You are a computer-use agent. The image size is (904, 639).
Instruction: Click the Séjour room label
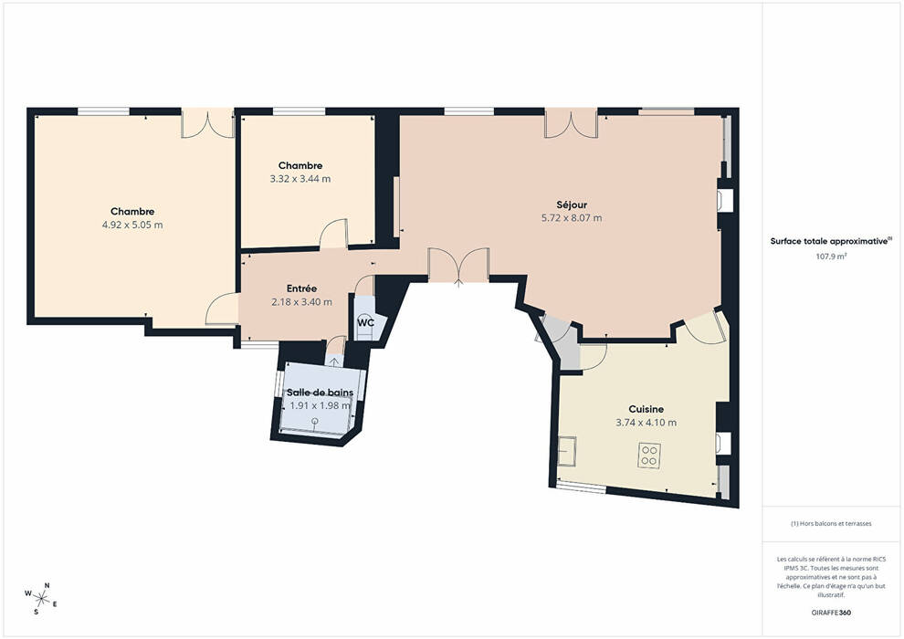(x=572, y=204)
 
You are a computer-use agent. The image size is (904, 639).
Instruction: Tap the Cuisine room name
(x=646, y=409)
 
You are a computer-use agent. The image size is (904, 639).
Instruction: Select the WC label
(x=365, y=322)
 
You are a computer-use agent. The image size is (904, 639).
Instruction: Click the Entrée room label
(x=301, y=288)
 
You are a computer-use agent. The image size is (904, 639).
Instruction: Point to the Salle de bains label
(x=320, y=393)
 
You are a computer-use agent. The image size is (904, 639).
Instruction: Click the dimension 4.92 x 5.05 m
(x=132, y=225)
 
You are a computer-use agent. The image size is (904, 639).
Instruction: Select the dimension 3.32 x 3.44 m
(x=300, y=179)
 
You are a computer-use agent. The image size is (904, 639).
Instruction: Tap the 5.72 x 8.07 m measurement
(x=572, y=218)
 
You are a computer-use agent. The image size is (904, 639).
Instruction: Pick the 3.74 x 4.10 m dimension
(x=646, y=423)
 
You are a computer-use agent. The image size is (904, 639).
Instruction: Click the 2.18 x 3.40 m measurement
(x=301, y=302)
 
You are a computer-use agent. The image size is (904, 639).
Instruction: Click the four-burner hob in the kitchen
(x=649, y=456)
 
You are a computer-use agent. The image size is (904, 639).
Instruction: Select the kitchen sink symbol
(x=567, y=451)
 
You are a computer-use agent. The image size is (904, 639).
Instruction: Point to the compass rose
(x=41, y=598)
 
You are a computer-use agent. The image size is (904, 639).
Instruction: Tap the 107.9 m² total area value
(x=831, y=257)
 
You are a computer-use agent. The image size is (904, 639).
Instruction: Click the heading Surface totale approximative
(x=829, y=241)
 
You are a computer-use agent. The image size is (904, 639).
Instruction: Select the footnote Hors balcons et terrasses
(x=831, y=524)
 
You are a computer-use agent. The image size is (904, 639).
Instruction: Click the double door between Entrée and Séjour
(x=458, y=265)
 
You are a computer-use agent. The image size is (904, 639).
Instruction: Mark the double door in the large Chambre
(x=207, y=123)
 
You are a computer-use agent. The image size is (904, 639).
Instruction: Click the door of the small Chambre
(x=334, y=234)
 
